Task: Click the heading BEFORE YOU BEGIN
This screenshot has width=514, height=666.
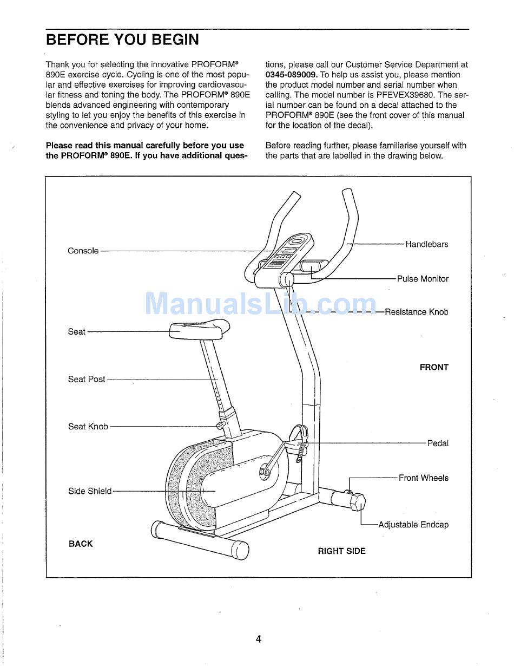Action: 122,40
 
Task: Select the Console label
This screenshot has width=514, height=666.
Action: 83,251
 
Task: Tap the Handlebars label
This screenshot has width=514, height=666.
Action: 427,244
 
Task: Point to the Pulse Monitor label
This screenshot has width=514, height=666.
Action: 423,279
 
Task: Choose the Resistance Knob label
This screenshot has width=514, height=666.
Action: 416,312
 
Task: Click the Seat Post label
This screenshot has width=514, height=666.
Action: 87,379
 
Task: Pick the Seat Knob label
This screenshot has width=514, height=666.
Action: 88,427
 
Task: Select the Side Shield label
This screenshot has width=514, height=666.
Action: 90,491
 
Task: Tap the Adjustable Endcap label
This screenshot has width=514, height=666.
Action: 413,525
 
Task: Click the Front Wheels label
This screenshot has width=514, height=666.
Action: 424,478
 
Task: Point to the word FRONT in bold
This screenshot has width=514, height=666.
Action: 434,367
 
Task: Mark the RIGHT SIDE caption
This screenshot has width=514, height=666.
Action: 341,551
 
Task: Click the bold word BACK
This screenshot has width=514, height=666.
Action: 81,544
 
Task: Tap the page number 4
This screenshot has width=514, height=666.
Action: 259,639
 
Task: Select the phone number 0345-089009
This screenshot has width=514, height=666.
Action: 291,75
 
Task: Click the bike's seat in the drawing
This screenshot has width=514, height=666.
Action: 199,329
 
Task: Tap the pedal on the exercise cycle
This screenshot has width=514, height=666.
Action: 300,436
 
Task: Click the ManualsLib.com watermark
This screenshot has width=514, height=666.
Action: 260,304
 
